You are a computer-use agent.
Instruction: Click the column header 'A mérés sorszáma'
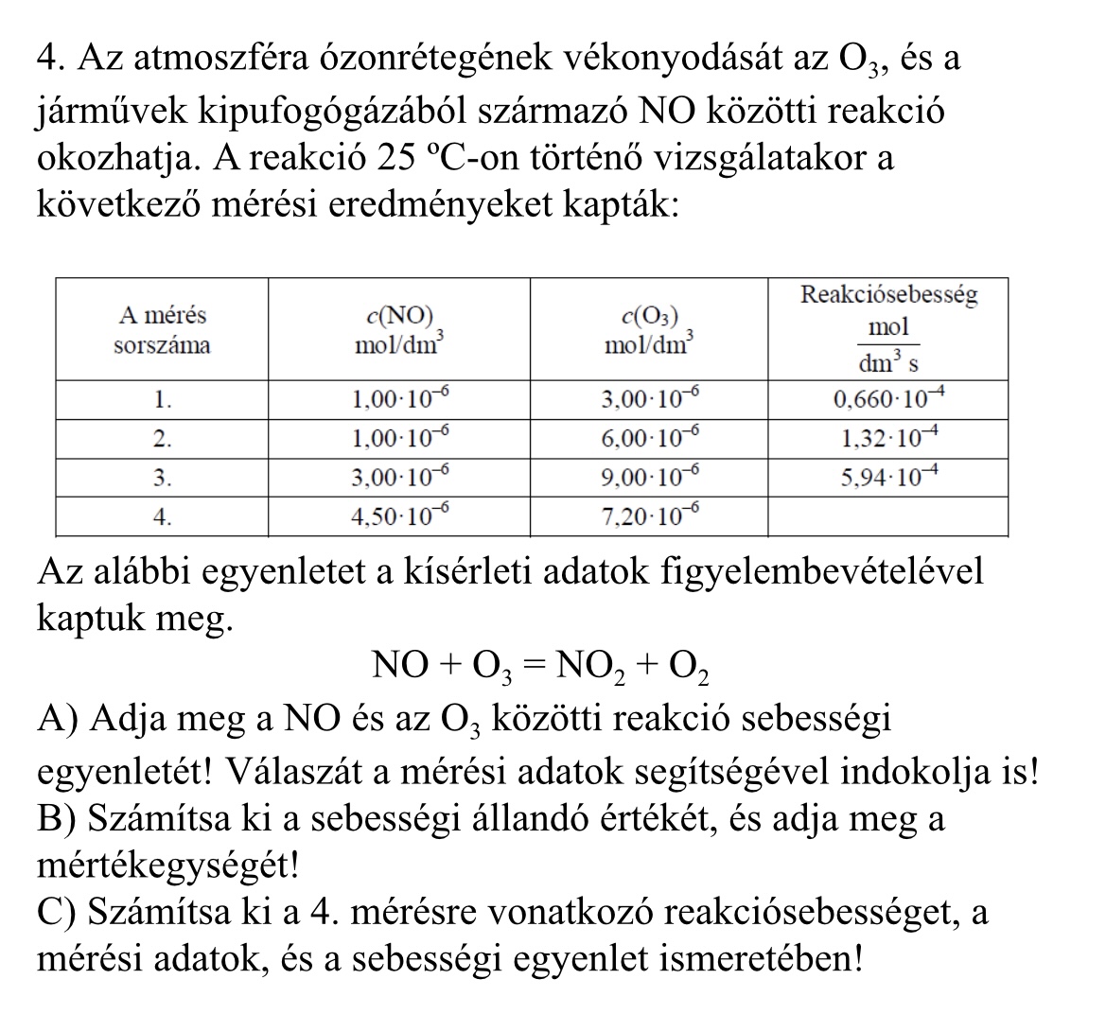pyautogui.click(x=162, y=329)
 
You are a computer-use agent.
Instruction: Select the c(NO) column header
pyautogui.click(x=398, y=330)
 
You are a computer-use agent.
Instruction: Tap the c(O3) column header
pyautogui.click(x=649, y=330)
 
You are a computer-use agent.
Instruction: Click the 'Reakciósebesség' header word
pyautogui.click(x=888, y=294)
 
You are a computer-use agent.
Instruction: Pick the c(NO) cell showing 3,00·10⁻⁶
pyautogui.click(x=398, y=477)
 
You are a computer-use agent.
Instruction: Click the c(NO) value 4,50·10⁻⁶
pyautogui.click(x=398, y=516)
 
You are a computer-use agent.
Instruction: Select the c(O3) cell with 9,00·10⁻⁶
pyautogui.click(x=649, y=477)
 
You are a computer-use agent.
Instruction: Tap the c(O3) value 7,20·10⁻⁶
pyautogui.click(x=649, y=516)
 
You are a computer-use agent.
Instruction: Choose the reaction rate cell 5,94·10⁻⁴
pyautogui.click(x=888, y=477)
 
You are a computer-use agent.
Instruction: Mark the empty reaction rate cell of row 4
pyautogui.click(x=888, y=516)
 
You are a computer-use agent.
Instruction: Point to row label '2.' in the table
pyautogui.click(x=162, y=438)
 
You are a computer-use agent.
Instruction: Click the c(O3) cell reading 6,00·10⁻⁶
pyautogui.click(x=649, y=438)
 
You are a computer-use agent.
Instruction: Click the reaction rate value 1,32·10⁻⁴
pyautogui.click(x=888, y=438)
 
